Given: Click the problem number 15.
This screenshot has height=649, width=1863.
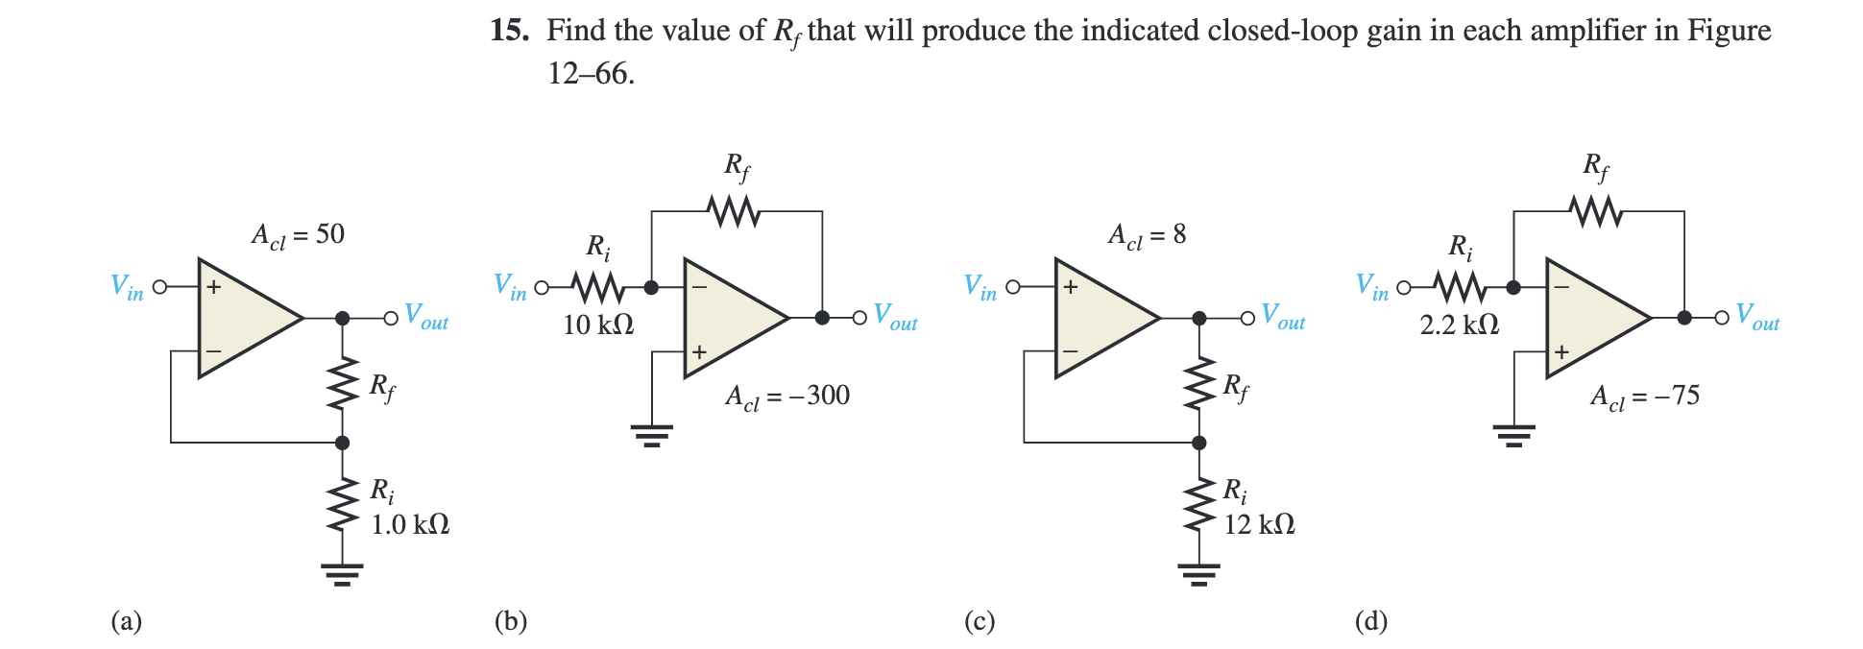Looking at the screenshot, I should point(508,30).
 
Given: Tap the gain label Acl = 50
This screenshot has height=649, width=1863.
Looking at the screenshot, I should point(298,235).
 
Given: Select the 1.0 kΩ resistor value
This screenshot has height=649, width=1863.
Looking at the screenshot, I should point(410,524).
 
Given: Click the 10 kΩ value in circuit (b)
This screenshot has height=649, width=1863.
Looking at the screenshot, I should point(597,324).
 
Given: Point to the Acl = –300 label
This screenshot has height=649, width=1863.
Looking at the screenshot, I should point(787,396).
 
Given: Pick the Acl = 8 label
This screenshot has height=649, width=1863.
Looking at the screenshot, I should point(1147,235).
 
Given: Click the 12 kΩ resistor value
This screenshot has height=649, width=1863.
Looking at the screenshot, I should point(1259,524).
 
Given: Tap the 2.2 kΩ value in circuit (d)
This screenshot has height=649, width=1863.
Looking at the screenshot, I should point(1459,324).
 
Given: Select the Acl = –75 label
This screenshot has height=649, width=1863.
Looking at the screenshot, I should point(1645,396).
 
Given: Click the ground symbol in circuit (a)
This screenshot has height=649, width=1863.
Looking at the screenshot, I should point(342,573).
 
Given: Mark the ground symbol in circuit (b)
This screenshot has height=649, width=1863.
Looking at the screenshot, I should point(652,436).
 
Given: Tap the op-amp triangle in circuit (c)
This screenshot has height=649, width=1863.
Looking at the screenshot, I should point(1100,318).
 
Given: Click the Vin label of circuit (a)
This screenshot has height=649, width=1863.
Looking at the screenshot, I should point(127,286).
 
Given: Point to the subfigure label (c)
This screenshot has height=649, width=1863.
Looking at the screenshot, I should point(980,621).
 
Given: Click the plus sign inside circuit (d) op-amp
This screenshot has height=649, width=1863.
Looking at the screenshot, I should point(1561,352).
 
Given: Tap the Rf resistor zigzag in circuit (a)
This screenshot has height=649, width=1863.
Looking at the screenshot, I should point(342,385).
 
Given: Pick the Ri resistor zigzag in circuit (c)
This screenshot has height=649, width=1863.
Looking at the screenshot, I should point(1198,507).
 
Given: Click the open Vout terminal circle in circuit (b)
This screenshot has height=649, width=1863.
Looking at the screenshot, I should point(860,318).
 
